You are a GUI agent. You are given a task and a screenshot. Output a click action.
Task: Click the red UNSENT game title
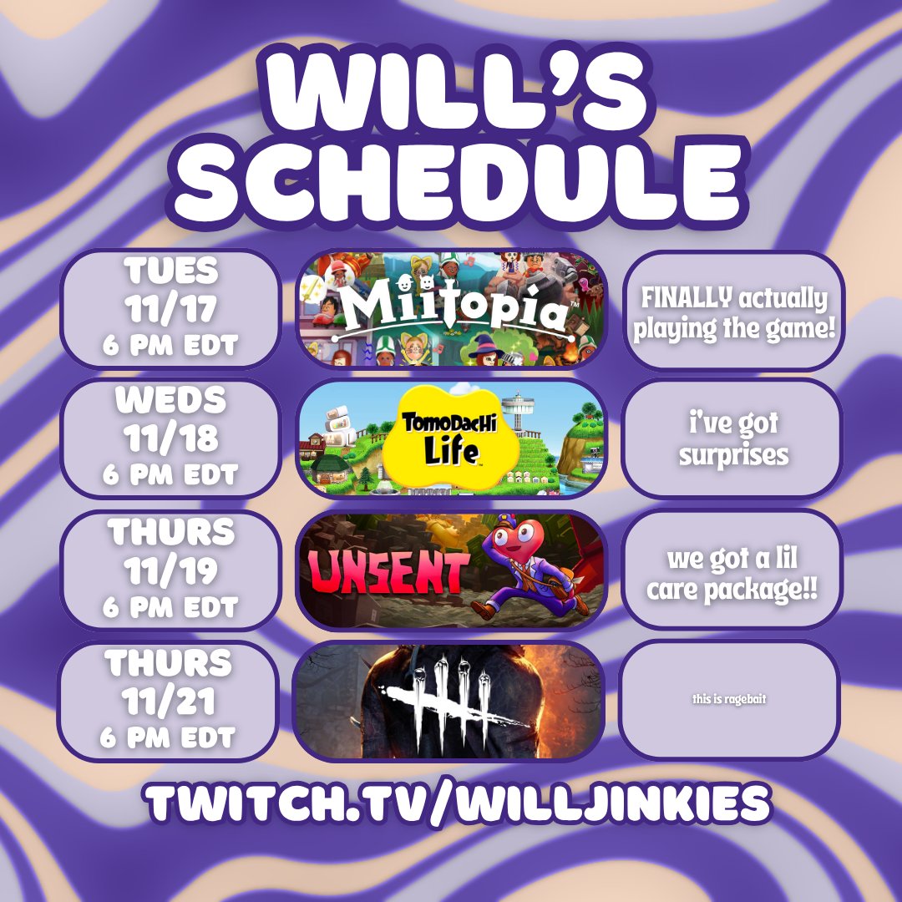pyautogui.click(x=388, y=574)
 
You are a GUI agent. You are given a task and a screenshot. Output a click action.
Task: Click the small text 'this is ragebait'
pyautogui.click(x=729, y=699)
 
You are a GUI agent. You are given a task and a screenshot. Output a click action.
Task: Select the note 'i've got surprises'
pyautogui.click(x=732, y=438)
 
